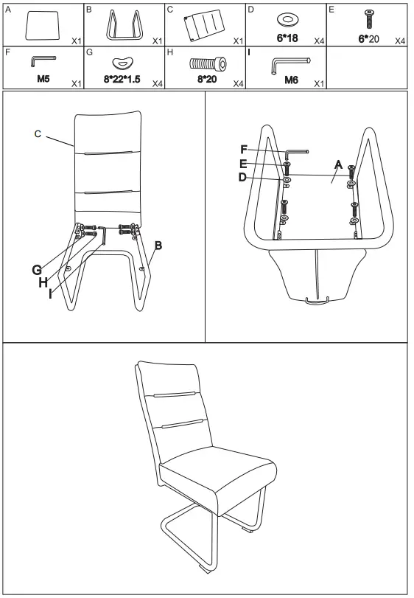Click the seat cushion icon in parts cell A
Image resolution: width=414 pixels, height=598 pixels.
(43, 25)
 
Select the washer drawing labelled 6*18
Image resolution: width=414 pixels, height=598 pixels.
(287, 20)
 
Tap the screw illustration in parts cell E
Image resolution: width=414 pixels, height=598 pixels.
(368, 19)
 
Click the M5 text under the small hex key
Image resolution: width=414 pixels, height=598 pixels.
(43, 79)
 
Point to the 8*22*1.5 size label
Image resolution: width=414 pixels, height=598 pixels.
(122, 80)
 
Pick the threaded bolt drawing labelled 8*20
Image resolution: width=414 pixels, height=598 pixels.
(208, 63)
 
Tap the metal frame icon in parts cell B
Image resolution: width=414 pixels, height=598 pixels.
(124, 25)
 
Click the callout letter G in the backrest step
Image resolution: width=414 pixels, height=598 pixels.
(37, 270)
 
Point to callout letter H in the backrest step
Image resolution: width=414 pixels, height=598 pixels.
(43, 282)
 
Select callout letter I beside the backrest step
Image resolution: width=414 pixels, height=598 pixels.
(50, 293)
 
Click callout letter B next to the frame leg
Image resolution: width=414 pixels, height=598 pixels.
(158, 246)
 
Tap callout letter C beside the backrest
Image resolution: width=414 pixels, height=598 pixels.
(38, 134)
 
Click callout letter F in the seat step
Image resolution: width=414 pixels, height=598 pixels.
(244, 150)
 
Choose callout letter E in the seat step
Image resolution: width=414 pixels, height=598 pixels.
(243, 164)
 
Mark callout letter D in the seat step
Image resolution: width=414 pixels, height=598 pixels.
(242, 178)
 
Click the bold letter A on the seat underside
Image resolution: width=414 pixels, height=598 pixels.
(338, 164)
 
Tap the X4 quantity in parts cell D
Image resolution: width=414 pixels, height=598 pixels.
(319, 41)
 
